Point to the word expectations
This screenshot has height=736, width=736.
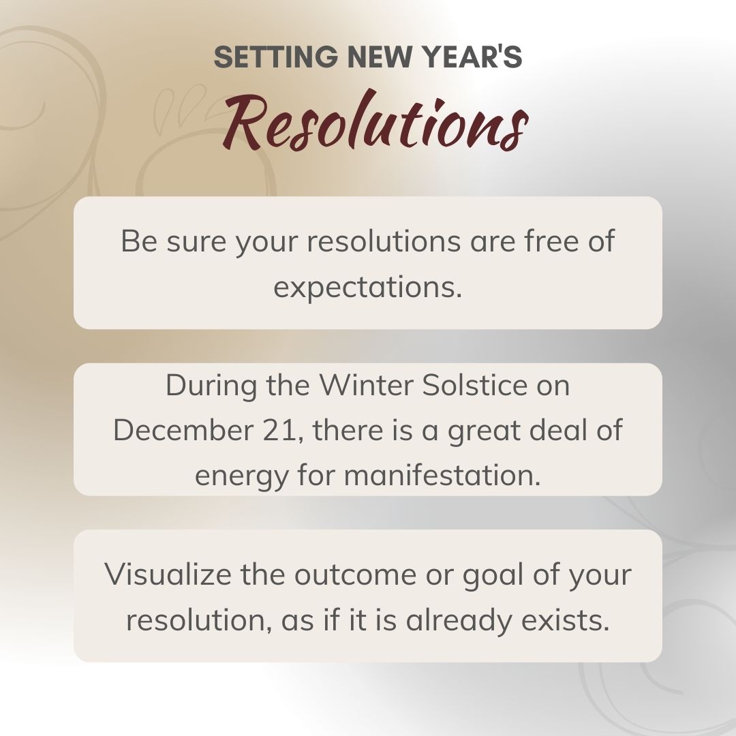(368, 288)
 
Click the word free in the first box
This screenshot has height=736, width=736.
(538, 242)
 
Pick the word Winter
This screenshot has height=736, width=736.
(367, 386)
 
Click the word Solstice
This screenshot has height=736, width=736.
(474, 386)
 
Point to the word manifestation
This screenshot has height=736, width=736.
(442, 476)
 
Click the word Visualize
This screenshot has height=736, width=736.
(167, 574)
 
